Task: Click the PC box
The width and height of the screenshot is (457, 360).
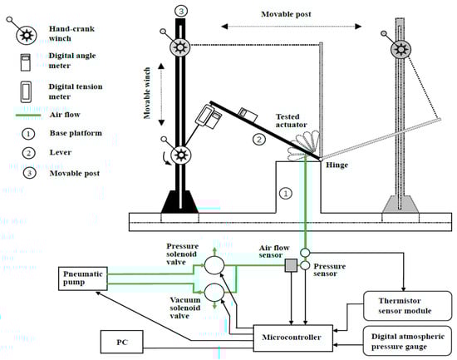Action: tap(122, 342)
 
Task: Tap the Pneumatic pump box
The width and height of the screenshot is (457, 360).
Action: tap(83, 279)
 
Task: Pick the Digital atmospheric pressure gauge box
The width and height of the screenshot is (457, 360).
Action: tap(407, 341)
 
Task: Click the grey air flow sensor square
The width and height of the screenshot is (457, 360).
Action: tap(291, 265)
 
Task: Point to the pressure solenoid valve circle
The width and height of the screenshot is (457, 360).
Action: tap(214, 265)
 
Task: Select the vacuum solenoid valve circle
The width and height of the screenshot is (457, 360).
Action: tap(214, 293)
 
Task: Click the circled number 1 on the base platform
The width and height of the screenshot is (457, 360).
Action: tap(286, 193)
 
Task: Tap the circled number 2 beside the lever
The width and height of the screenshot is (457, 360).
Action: tap(259, 139)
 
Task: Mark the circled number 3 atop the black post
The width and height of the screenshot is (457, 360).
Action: tap(181, 11)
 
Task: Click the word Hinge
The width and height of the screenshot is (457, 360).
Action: tap(337, 165)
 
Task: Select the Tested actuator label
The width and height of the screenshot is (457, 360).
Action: tap(291, 121)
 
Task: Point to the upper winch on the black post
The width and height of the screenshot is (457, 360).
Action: tap(179, 47)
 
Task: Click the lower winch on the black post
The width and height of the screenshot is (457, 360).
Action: tap(180, 155)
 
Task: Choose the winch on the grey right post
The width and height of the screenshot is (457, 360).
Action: tap(400, 49)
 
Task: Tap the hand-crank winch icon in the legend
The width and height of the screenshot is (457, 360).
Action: tap(26, 35)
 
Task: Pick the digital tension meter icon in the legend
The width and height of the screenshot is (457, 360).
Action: tap(26, 91)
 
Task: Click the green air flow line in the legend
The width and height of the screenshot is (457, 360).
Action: tap(28, 116)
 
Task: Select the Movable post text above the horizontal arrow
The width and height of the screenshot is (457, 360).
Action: tap(286, 14)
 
